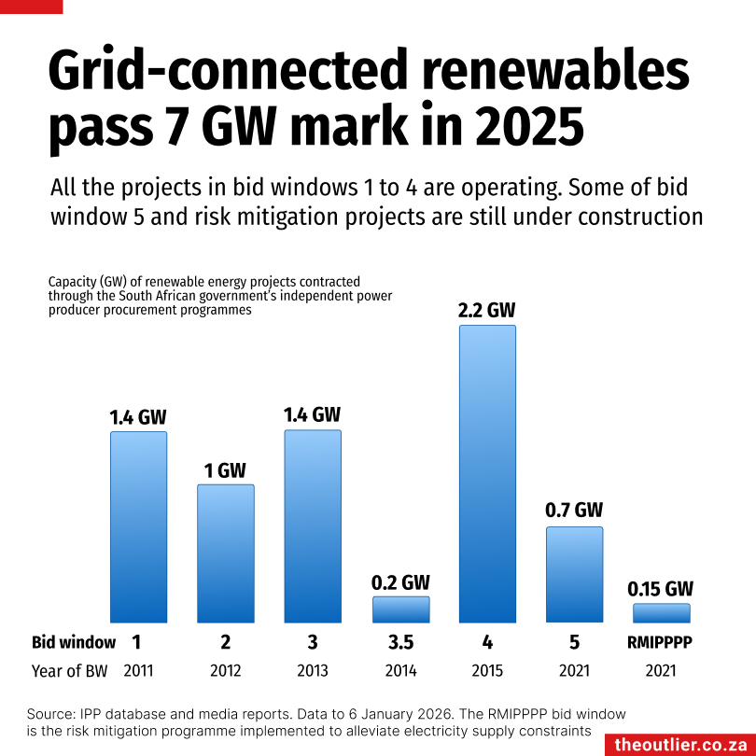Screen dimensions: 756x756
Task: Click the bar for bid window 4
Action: pos(487,473)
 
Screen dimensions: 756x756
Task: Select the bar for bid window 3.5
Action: pos(401,609)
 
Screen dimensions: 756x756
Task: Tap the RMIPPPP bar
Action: pos(662,613)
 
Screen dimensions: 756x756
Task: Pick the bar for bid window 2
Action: pos(225,553)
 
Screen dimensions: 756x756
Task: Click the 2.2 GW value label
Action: pos(487,310)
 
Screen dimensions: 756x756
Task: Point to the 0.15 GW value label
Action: pos(661,589)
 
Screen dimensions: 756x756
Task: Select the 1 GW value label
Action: pos(225,470)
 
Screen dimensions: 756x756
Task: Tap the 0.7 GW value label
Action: pos(574,511)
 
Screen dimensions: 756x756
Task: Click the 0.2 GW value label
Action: pos(401,582)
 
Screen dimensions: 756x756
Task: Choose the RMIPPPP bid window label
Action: pos(661,642)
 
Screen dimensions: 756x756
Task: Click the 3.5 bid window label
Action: pos(401,642)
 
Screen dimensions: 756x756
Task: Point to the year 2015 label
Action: pos(487,671)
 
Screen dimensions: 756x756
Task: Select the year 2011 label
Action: pos(138,671)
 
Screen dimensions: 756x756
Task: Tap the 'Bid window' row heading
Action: pos(74,642)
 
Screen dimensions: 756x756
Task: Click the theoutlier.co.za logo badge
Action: pos(679,744)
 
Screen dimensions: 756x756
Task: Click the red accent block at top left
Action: pos(32,7)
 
